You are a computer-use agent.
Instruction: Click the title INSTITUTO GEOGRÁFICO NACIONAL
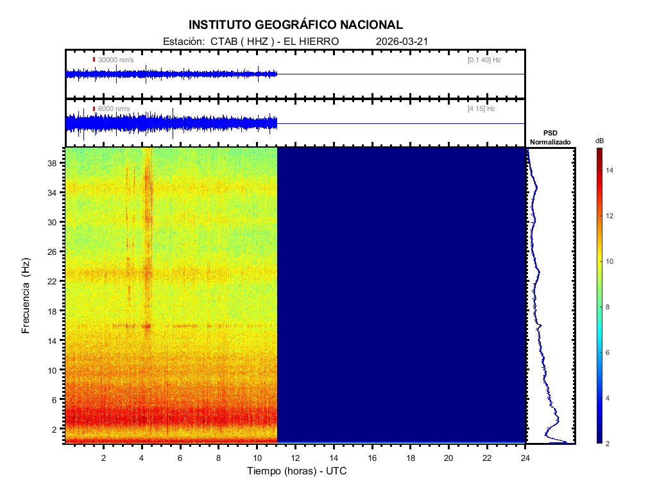296,25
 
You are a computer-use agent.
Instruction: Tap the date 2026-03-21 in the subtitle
402,42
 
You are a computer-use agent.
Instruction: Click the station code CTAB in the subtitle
223,42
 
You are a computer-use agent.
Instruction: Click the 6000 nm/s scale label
114,109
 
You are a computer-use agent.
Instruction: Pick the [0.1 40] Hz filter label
484,60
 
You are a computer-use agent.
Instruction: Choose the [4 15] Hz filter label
481,109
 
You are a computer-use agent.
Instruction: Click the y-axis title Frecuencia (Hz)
26,295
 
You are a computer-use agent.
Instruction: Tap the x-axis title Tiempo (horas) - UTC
298,471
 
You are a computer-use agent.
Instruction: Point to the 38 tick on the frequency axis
53,163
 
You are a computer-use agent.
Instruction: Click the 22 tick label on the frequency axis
53,281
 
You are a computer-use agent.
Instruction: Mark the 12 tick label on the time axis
296,457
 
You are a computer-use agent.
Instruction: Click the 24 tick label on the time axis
525,457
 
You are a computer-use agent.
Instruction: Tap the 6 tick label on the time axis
180,457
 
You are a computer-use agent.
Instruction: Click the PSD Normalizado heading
550,137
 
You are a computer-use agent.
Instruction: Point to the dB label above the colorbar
599,141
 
